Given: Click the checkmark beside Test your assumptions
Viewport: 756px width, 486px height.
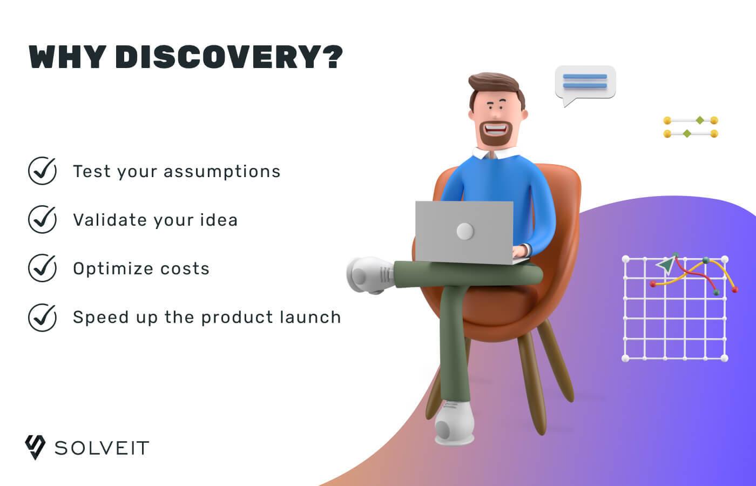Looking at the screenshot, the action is (42, 171).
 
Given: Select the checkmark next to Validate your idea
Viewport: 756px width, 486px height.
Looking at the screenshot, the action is (42, 219).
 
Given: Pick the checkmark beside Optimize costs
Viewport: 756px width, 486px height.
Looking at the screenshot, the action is (42, 268).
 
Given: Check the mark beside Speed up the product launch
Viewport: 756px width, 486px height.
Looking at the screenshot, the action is (42, 318).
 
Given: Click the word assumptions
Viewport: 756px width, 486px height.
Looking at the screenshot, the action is (222, 172).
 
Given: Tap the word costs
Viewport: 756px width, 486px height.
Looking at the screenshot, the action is (185, 269).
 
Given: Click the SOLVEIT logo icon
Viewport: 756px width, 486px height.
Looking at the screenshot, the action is (35, 447).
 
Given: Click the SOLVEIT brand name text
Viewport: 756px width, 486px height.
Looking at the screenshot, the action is (102, 448).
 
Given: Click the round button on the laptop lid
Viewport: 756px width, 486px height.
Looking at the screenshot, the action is (465, 231).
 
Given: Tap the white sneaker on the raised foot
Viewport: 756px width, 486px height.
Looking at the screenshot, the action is (369, 275).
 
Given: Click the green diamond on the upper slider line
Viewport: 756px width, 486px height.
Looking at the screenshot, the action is (700, 120).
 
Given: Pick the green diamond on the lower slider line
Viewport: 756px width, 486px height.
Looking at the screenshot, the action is (687, 134).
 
